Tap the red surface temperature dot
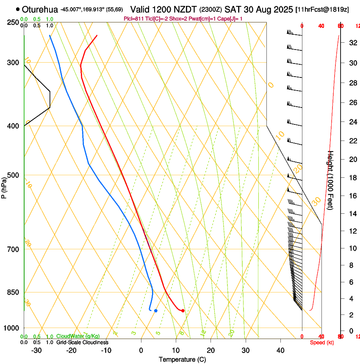click(183, 311)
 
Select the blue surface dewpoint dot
click(156, 311)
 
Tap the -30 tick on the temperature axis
click(36, 350)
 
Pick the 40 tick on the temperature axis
click(280, 350)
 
